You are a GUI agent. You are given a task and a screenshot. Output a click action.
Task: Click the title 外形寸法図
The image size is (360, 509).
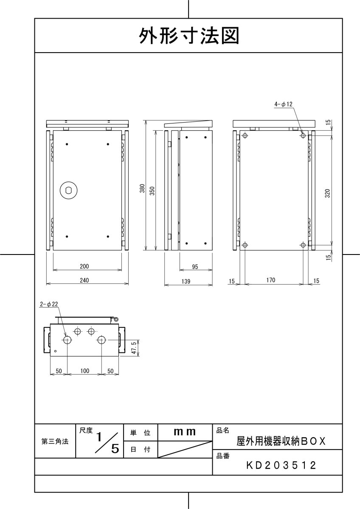[189, 36]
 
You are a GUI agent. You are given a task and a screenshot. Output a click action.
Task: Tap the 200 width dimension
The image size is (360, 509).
[84, 266]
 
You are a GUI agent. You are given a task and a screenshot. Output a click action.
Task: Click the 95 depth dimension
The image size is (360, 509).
[195, 266]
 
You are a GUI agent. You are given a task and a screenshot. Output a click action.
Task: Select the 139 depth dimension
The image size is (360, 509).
[186, 281]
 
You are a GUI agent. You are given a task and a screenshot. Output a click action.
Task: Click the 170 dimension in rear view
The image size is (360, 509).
[271, 280]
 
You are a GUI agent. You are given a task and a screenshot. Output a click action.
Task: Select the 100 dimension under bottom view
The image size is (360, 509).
[84, 371]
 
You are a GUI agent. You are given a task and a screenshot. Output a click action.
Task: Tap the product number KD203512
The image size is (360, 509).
[281, 465]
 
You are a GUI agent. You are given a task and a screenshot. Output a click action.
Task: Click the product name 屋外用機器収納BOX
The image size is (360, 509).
[281, 441]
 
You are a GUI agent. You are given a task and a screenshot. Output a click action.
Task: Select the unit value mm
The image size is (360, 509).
[185, 432]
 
